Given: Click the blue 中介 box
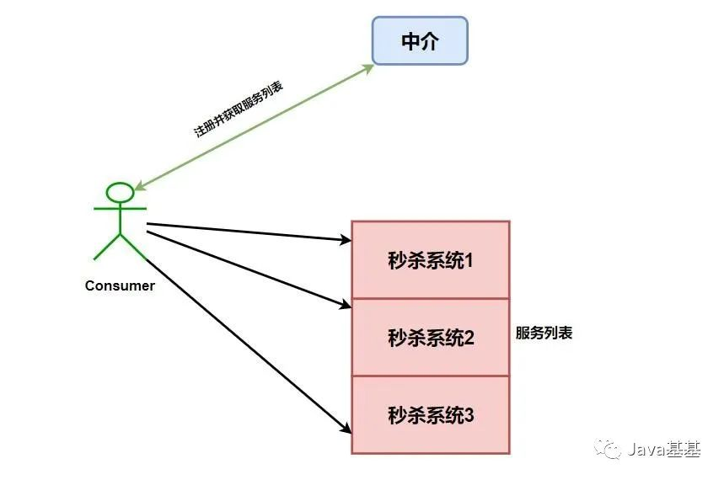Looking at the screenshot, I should [x=420, y=40].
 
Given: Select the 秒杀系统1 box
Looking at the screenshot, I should [x=430, y=259].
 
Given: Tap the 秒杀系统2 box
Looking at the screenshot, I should [x=430, y=338].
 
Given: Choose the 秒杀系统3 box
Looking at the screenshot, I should [x=430, y=415].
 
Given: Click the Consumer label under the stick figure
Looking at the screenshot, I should [x=120, y=286].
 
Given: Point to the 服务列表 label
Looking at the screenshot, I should [x=544, y=333].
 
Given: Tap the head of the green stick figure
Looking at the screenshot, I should [x=121, y=192].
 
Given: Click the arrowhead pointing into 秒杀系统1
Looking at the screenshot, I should [x=346, y=241].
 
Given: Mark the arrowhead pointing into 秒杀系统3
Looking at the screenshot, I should [x=345, y=429].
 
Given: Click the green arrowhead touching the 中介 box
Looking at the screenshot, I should [x=368, y=67].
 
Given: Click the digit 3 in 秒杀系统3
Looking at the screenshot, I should [x=469, y=415].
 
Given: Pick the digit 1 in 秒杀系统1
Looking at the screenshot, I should [x=469, y=260].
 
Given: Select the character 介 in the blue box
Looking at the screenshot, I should [x=431, y=41].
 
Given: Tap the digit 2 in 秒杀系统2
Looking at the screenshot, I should [x=469, y=338].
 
